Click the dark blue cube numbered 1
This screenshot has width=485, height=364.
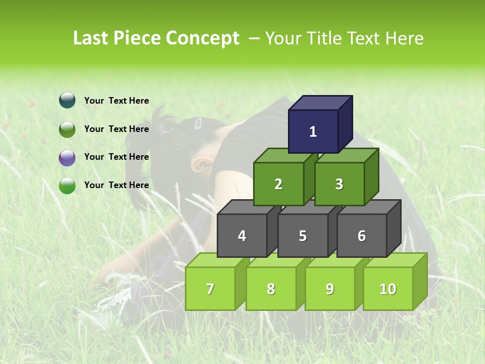(x=313, y=131)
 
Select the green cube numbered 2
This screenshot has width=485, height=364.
(x=278, y=184)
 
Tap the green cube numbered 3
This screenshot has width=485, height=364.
(x=339, y=184)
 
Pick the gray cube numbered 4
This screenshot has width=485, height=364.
(x=242, y=236)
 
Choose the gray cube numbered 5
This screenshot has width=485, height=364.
(x=303, y=236)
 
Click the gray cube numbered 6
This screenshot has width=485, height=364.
(x=362, y=236)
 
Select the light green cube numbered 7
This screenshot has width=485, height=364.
(x=210, y=289)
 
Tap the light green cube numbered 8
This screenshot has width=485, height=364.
(x=271, y=289)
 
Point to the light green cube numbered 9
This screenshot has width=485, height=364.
(x=330, y=289)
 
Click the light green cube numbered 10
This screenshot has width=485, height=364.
(x=388, y=289)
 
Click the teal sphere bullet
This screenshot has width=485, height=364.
(x=67, y=101)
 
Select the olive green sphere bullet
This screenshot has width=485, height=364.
(x=67, y=129)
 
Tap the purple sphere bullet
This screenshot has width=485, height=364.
(x=67, y=157)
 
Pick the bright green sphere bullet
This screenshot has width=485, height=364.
(x=67, y=186)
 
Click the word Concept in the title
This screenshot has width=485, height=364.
(x=203, y=38)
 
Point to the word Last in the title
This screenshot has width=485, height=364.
(x=91, y=38)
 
